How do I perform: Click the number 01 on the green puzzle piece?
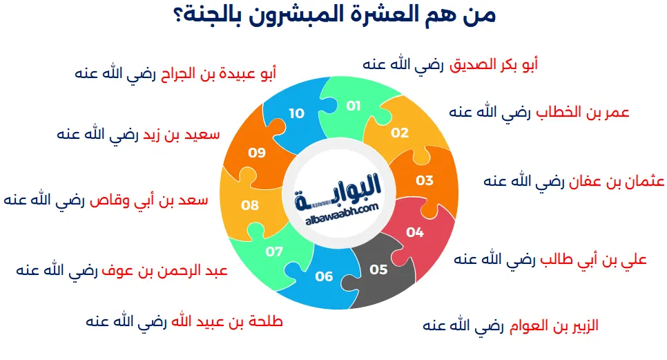pos(354,106)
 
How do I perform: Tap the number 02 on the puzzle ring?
pos(400,133)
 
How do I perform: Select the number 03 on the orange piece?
pos(425,180)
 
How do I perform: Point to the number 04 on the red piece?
pos(415,232)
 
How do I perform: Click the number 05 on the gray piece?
pos(378,269)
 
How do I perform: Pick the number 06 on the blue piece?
pos(324,276)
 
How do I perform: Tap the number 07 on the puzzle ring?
pos(274,252)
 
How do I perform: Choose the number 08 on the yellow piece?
pos(250,205)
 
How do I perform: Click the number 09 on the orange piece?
pos(257,152)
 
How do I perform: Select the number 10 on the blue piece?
pos(296,113)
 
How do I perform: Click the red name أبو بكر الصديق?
pos(494,64)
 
